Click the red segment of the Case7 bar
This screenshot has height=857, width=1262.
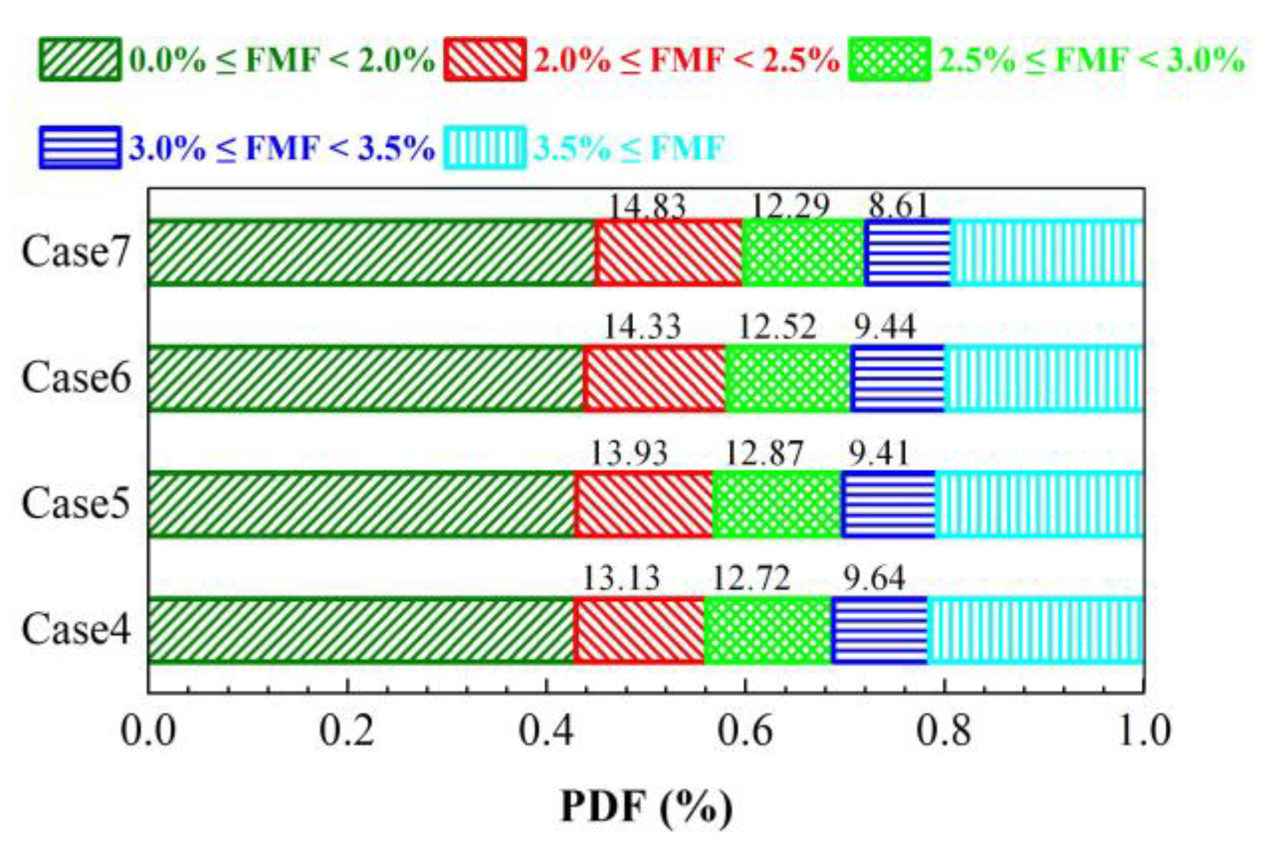(x=668, y=253)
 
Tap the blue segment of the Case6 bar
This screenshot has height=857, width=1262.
(x=897, y=378)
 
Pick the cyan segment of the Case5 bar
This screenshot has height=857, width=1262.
(x=1039, y=504)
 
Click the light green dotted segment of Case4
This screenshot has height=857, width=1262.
(x=768, y=630)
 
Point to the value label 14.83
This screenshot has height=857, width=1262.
(x=647, y=206)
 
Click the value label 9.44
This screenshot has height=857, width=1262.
(x=884, y=327)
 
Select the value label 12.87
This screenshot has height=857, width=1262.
(x=764, y=454)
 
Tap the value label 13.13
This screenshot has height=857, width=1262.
(x=621, y=578)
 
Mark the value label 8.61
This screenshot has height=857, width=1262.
(x=898, y=206)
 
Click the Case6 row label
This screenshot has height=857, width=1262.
(x=76, y=378)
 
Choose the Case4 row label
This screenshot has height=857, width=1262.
(x=76, y=629)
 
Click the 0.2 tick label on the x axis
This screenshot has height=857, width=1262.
(x=347, y=731)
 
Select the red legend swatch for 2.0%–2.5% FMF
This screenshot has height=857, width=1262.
(x=485, y=60)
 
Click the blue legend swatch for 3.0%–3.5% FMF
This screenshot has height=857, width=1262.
(x=80, y=147)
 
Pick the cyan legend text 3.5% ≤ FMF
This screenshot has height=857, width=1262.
(x=628, y=147)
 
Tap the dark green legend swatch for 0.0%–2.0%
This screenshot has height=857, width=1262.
(x=80, y=60)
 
